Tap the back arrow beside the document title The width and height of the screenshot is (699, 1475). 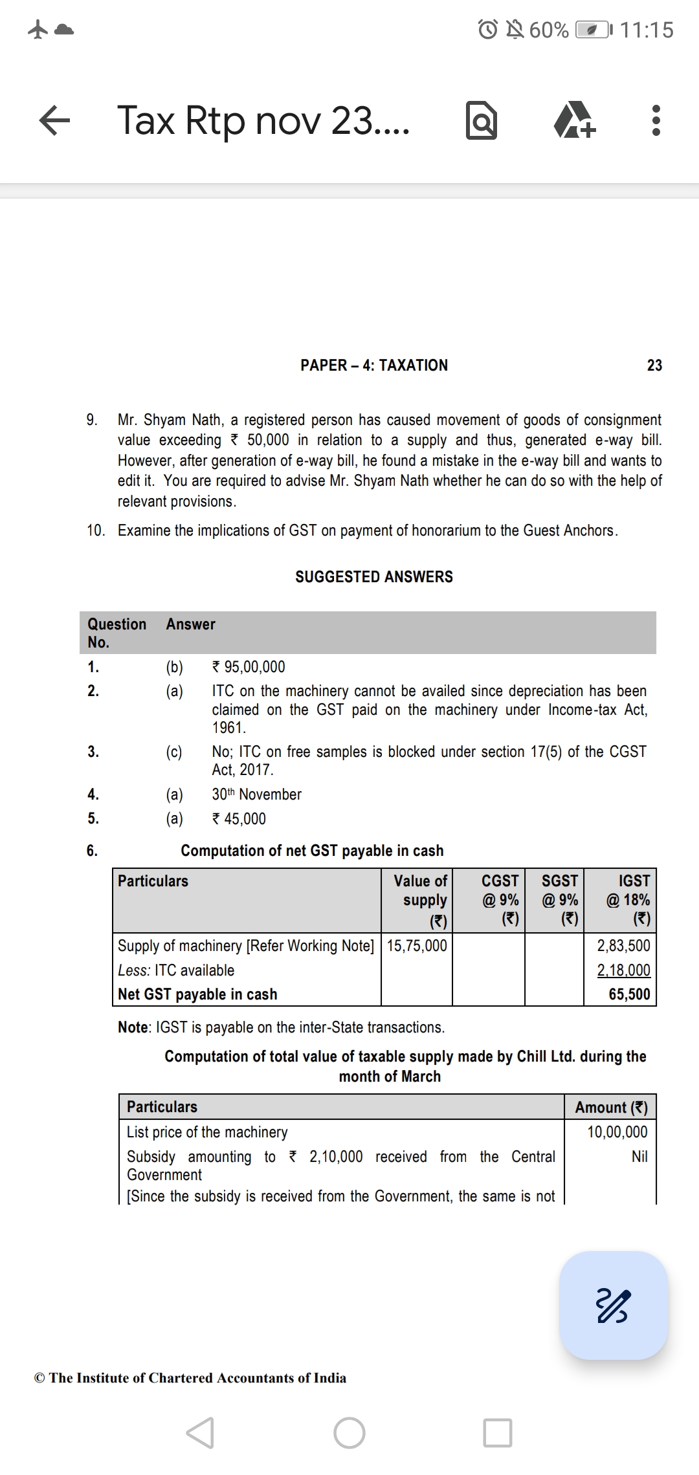click(x=54, y=121)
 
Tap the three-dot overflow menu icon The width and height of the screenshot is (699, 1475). click(x=656, y=121)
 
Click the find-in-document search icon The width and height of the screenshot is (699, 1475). click(x=482, y=121)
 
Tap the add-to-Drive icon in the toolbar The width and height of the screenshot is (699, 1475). click(x=574, y=121)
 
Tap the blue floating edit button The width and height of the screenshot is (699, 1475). click(x=614, y=1305)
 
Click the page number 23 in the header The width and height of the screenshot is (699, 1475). click(x=654, y=366)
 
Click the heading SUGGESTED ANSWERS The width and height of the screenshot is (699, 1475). click(x=374, y=576)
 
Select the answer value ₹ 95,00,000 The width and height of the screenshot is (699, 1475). click(x=249, y=667)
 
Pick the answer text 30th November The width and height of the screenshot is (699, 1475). click(x=257, y=794)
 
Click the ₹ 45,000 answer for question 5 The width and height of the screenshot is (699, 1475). click(x=239, y=819)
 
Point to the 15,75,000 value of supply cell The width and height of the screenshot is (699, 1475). click(x=417, y=946)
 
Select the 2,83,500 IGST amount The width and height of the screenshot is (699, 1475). click(x=623, y=946)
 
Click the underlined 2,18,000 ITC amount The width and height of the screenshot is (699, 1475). click(x=623, y=970)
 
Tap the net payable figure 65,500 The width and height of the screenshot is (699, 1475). click(x=629, y=994)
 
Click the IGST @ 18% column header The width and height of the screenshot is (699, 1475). click(x=628, y=899)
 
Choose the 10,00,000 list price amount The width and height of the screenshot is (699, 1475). click(x=617, y=1132)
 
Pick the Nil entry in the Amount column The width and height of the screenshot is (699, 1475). click(x=639, y=1157)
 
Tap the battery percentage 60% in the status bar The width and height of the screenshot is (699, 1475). click(x=549, y=30)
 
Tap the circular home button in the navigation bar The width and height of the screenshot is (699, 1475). click(x=349, y=1433)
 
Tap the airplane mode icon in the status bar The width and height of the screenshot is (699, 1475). click(x=38, y=30)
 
